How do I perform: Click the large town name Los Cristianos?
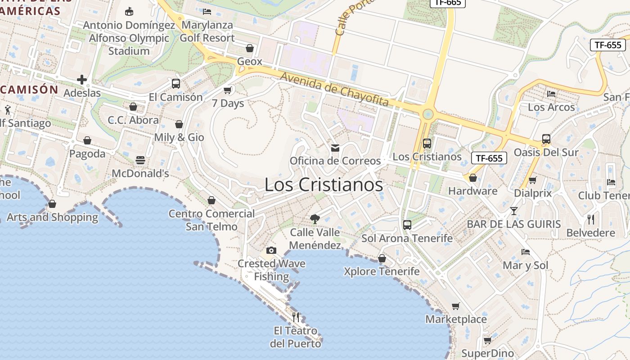click(x=324, y=184)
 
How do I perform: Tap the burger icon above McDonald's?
click(x=140, y=160)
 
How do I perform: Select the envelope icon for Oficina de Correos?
click(x=335, y=148)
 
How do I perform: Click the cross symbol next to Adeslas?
click(x=82, y=80)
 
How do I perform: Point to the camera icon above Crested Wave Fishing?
click(x=271, y=250)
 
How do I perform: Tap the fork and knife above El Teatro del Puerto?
click(x=296, y=317)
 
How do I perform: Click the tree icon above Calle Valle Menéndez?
click(x=315, y=219)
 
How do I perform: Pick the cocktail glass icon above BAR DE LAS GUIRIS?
click(x=514, y=211)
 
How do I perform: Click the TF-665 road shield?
click(x=447, y=3)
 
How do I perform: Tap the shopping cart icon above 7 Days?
click(x=228, y=90)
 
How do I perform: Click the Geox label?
click(x=249, y=61)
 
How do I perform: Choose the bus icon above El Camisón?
click(x=176, y=84)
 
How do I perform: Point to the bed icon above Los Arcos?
click(x=551, y=94)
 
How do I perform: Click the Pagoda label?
click(x=87, y=153)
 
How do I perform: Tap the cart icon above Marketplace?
click(x=456, y=306)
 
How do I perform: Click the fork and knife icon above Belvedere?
click(x=591, y=220)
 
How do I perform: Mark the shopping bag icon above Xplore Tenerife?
click(x=382, y=258)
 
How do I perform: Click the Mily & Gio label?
click(x=179, y=137)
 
